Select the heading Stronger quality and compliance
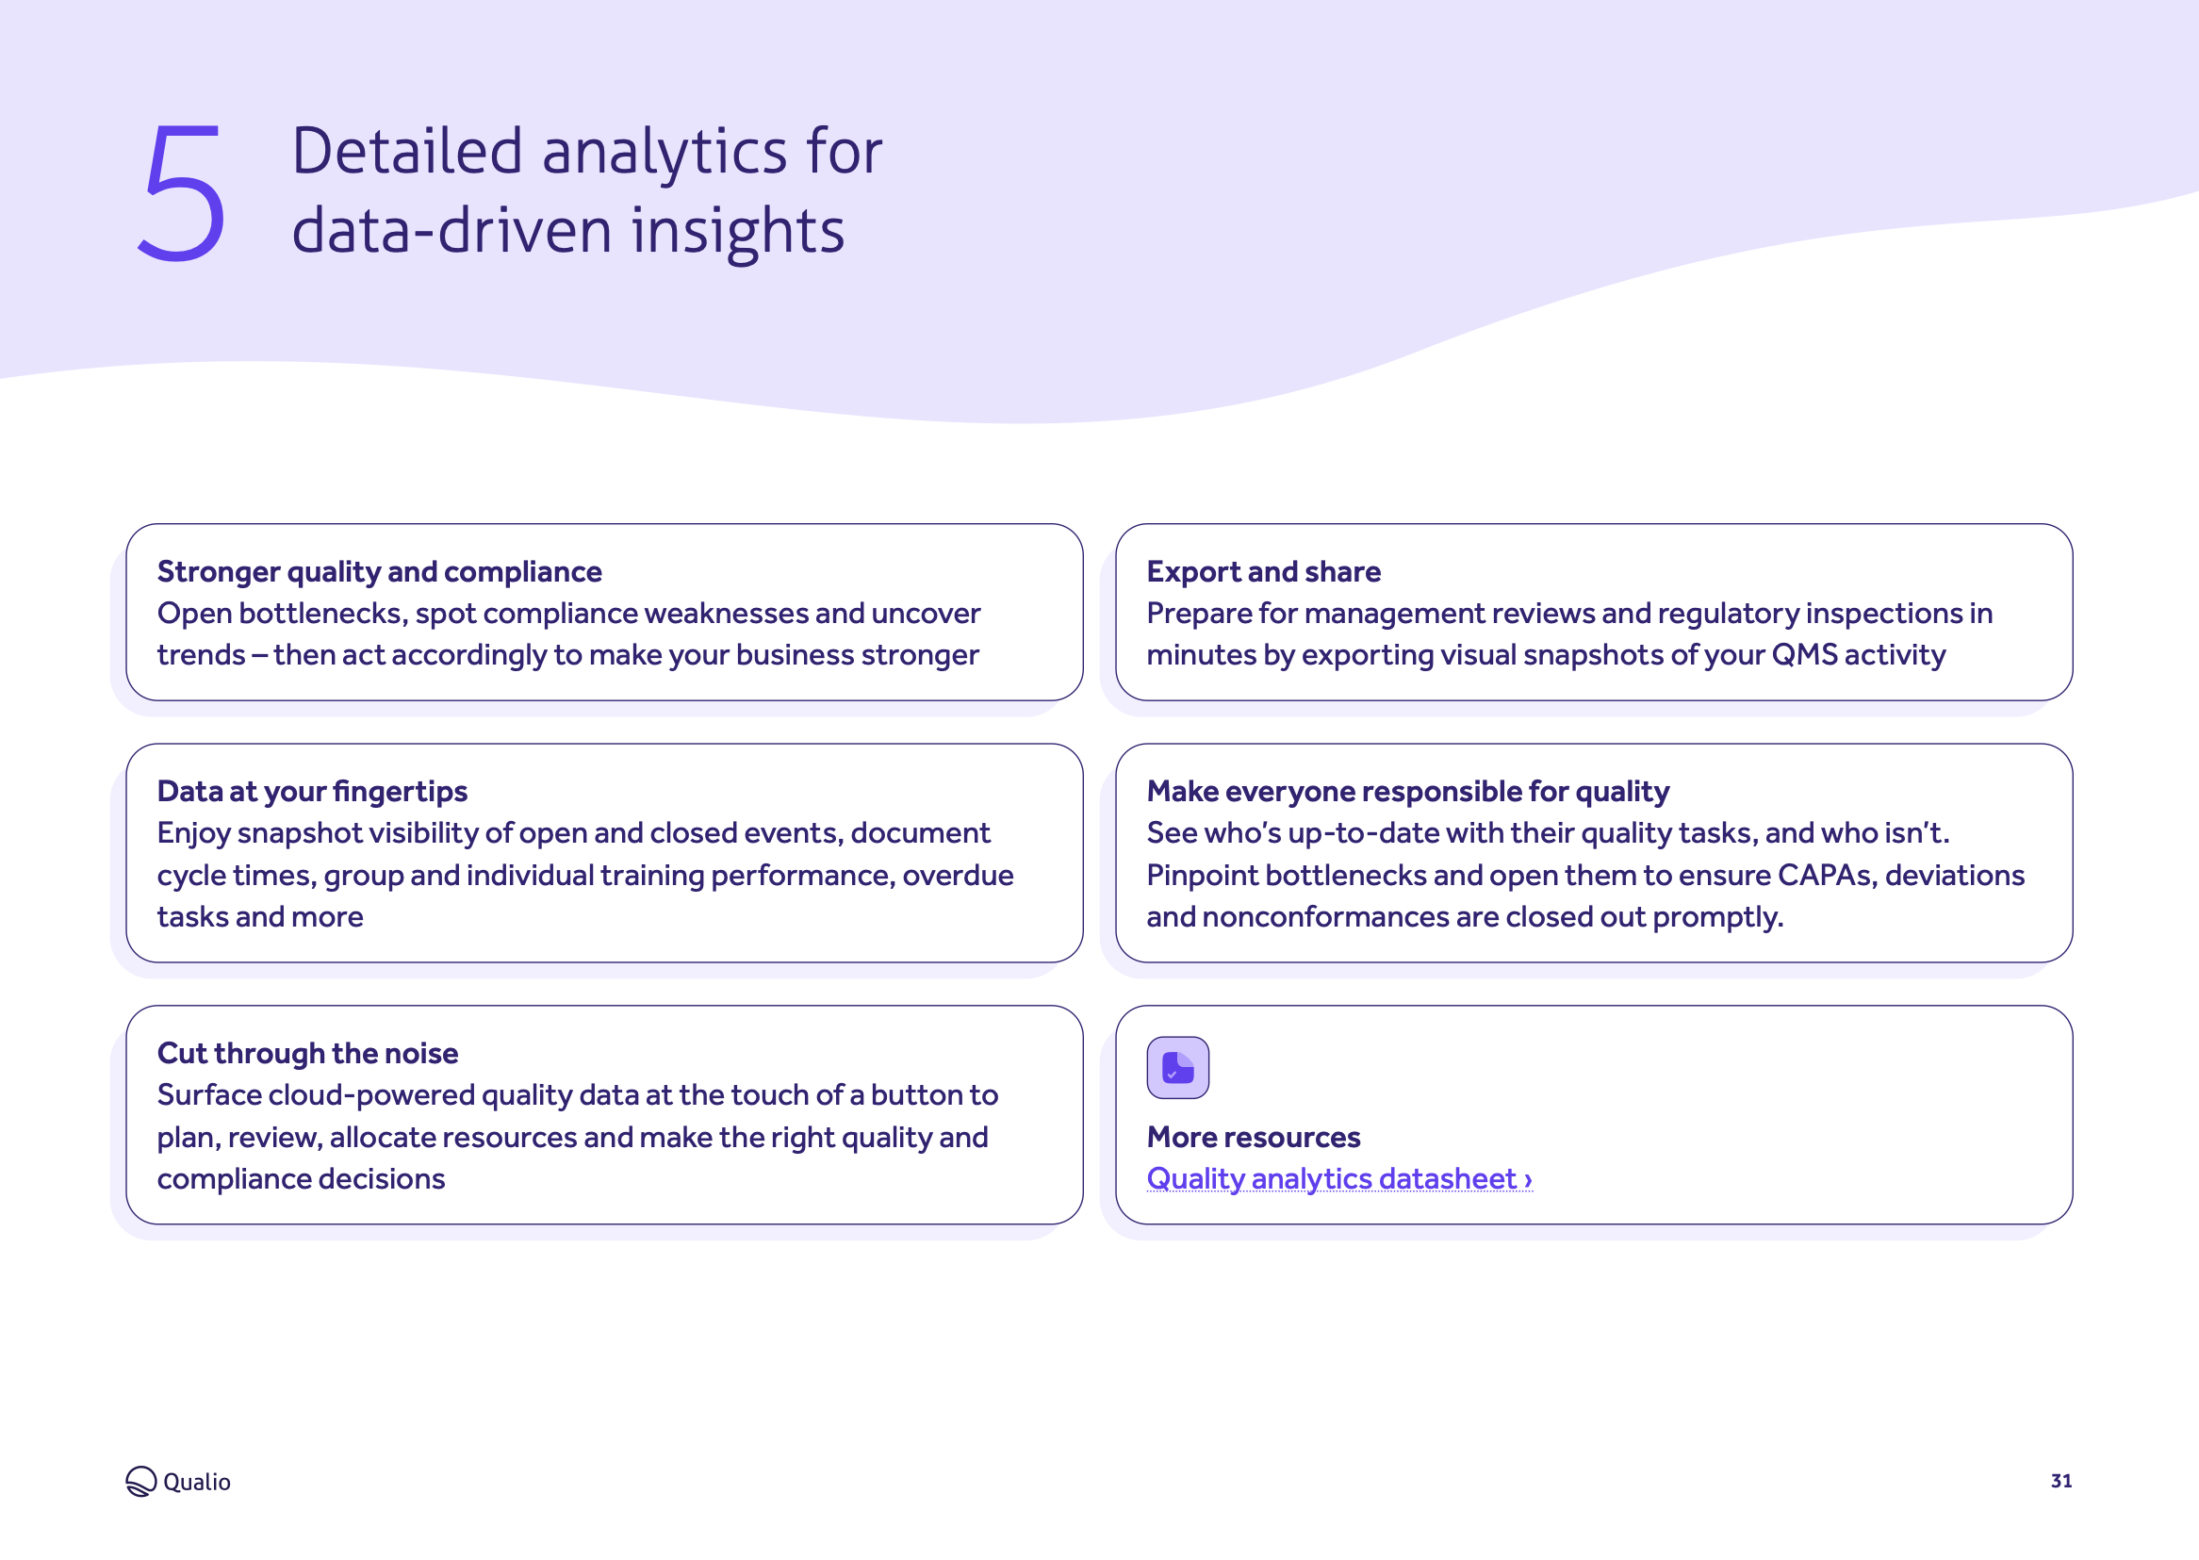379,571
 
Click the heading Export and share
1263,571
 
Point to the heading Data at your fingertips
312,791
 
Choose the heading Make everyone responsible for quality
1408,791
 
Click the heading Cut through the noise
307,1053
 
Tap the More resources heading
1254,1137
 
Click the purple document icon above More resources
1177,1067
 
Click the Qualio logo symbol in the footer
140,1481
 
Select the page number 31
2060,1480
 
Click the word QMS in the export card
1803,654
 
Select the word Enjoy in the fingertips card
193,833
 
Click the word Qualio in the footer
197,1481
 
